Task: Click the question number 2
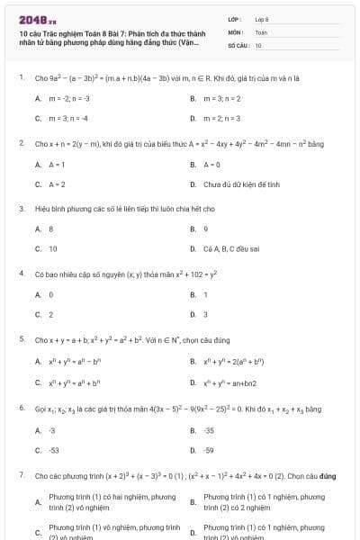21,143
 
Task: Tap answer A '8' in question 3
51,229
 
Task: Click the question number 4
21,273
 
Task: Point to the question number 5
21,340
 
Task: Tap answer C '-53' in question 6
53,450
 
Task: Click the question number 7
21,474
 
